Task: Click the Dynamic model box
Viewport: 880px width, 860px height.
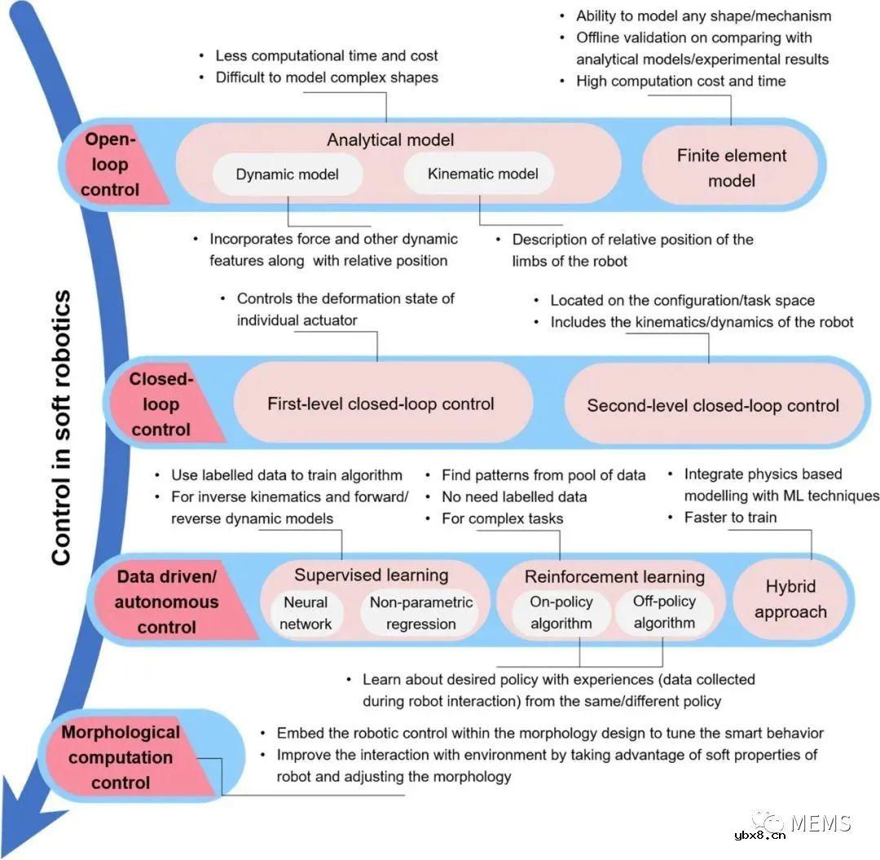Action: pyautogui.click(x=287, y=174)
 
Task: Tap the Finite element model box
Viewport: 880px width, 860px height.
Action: pyautogui.click(x=731, y=167)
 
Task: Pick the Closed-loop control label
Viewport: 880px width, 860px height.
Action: pyautogui.click(x=160, y=404)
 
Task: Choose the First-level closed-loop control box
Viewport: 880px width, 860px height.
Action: pyautogui.click(x=381, y=404)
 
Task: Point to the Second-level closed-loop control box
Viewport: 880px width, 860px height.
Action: pyautogui.click(x=712, y=405)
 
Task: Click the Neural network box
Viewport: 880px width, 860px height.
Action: pyautogui.click(x=306, y=613)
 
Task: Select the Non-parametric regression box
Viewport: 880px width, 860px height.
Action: pyautogui.click(x=421, y=613)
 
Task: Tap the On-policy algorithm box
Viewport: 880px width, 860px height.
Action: pyautogui.click(x=562, y=612)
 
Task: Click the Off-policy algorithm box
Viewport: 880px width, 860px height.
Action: pyautogui.click(x=664, y=612)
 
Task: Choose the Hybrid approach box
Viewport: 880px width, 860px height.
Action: pyautogui.click(x=790, y=599)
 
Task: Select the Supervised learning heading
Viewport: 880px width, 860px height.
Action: pyautogui.click(x=371, y=576)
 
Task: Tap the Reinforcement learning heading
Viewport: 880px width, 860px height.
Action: pyautogui.click(x=614, y=577)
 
